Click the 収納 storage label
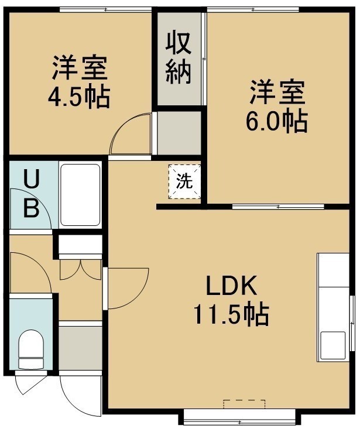point(178,59)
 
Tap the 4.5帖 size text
point(79,97)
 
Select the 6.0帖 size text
point(277,121)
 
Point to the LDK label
point(231,286)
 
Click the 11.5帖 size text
point(231,314)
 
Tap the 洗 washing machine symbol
point(184,181)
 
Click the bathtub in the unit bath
point(80,195)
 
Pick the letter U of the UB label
point(32,179)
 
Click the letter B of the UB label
point(31,208)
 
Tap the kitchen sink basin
point(332,345)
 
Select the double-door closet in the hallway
point(81,270)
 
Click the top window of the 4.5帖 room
point(105,9)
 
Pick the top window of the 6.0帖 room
point(253,9)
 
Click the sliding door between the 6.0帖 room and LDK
point(278,207)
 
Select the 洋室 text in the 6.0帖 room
point(277,92)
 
